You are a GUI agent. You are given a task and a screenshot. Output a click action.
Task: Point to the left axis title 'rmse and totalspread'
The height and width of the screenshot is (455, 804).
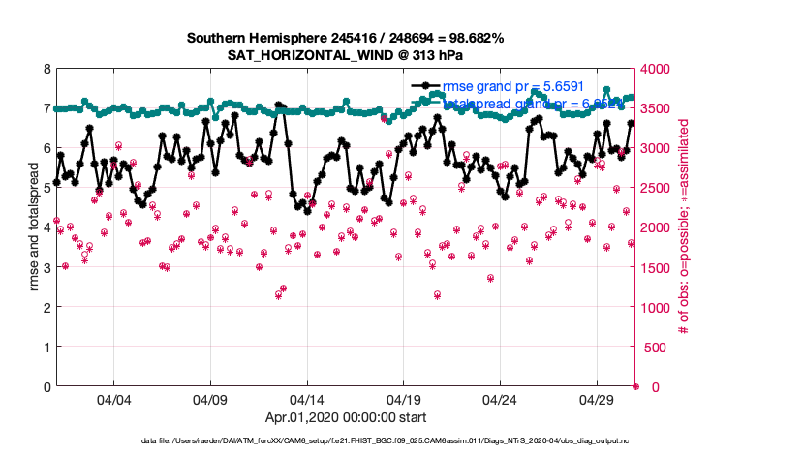[x=36, y=227]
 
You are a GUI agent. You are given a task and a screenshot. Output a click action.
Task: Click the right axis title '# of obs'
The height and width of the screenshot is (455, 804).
[x=683, y=227]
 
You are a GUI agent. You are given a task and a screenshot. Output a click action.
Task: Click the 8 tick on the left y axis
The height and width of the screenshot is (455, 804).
[x=46, y=69]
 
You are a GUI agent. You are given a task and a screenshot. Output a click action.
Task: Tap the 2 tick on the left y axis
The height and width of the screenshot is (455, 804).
[x=46, y=307]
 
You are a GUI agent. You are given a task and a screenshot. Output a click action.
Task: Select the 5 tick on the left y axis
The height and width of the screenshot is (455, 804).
[x=46, y=188]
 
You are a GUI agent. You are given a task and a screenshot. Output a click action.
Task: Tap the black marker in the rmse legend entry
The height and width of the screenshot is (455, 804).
[x=421, y=85]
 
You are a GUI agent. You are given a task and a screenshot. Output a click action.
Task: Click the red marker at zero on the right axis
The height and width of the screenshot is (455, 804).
[x=636, y=386]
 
